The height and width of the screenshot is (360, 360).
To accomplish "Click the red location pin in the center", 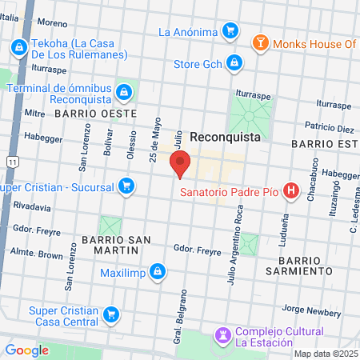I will [180, 163].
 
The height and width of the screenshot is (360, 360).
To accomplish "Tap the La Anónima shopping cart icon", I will [230, 32].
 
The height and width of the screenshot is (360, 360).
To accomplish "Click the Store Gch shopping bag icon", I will [234, 62].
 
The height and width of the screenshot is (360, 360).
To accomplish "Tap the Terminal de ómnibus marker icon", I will [124, 93].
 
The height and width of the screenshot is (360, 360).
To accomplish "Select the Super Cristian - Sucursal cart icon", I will [126, 187].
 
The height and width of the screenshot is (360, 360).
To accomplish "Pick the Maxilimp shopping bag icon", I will [158, 272].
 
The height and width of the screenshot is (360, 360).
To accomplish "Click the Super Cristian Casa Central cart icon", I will [112, 314].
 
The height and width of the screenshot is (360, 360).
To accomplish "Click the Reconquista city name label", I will [225, 138].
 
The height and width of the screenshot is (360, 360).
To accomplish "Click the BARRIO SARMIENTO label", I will [305, 266].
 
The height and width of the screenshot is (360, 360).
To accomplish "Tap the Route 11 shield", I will [11, 162].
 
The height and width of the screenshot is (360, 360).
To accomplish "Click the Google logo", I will [27, 350].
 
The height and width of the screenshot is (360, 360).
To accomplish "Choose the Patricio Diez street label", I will [330, 128].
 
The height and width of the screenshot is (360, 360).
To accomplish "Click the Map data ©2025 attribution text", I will [326, 354].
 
